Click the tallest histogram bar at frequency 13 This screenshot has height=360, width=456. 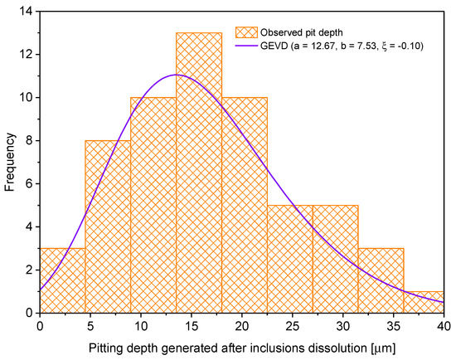(198, 182)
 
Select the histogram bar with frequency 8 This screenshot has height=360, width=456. (108, 232)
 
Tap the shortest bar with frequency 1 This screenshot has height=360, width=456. (424, 302)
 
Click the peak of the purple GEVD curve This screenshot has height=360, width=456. (177, 75)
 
